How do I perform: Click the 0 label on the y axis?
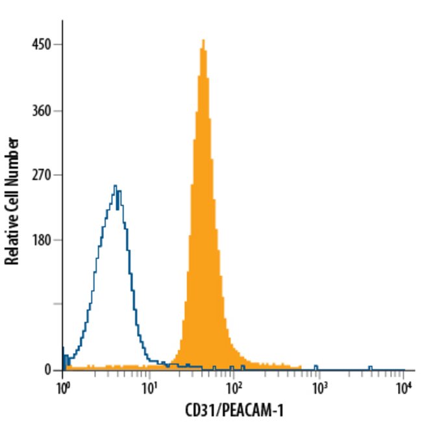47,370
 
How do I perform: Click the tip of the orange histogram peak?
203,40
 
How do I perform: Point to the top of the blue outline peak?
115,186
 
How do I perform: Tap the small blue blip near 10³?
316,368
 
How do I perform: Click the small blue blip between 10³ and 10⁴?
370,368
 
